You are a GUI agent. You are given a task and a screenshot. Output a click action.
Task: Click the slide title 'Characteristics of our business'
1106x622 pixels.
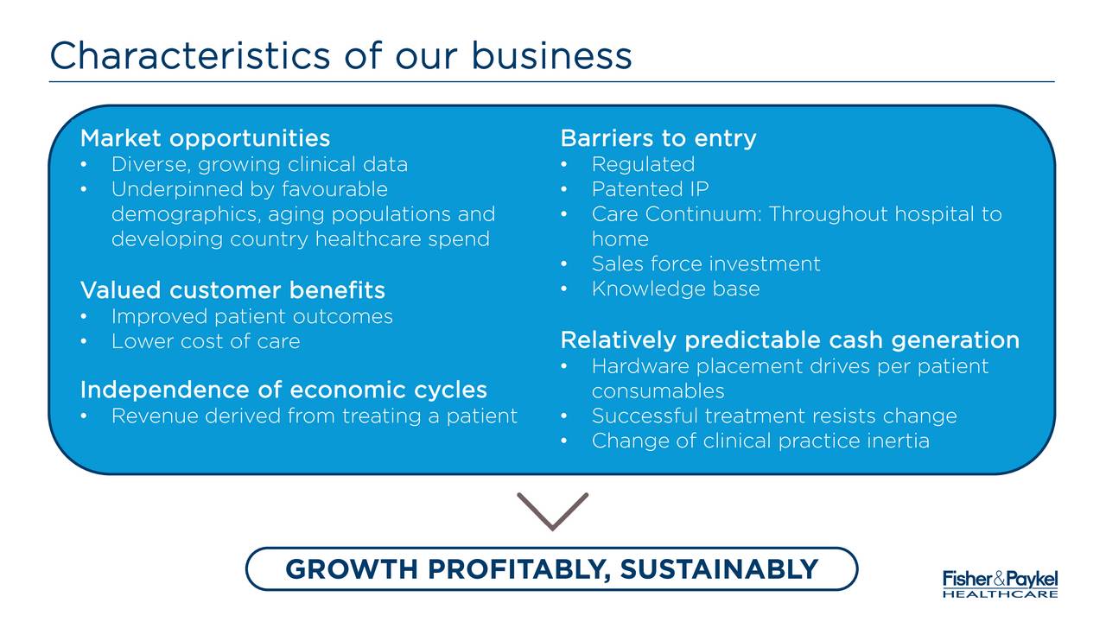(x=340, y=55)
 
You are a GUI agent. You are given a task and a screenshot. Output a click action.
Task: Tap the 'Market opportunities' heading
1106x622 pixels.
(x=205, y=138)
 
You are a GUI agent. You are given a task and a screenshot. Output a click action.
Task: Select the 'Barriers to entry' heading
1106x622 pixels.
(x=658, y=138)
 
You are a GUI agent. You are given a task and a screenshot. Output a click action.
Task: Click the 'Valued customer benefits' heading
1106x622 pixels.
(x=232, y=289)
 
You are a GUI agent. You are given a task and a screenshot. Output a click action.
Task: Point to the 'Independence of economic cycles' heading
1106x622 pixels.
(x=284, y=390)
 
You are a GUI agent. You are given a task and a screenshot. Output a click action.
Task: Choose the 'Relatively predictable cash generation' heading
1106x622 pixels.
(x=790, y=340)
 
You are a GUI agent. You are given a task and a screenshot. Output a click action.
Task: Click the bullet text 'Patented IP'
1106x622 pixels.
(x=651, y=189)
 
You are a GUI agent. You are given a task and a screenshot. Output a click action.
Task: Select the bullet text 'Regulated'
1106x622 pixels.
(x=644, y=164)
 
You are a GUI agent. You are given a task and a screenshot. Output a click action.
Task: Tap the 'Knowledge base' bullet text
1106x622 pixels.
(x=676, y=289)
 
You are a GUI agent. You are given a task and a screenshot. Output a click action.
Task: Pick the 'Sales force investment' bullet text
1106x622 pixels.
(x=706, y=263)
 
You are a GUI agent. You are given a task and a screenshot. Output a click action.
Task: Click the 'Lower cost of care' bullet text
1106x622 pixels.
(x=206, y=341)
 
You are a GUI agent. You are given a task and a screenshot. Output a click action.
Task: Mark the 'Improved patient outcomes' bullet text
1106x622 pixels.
(x=252, y=316)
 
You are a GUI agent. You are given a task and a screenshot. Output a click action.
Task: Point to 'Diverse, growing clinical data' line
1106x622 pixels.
(x=260, y=164)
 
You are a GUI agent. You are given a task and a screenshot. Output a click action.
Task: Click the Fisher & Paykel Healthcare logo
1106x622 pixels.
(x=1001, y=584)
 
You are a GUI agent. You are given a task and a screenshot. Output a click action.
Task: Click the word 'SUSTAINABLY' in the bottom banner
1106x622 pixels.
(x=720, y=569)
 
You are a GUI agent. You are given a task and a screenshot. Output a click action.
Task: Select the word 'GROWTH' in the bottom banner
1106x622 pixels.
(x=352, y=569)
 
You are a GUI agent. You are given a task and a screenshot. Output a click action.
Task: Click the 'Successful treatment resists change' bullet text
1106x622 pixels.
(x=774, y=416)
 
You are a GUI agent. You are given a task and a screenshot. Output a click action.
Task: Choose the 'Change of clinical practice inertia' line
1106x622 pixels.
(x=761, y=441)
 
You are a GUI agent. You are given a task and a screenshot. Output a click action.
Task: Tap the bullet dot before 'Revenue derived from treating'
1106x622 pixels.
(x=84, y=416)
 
